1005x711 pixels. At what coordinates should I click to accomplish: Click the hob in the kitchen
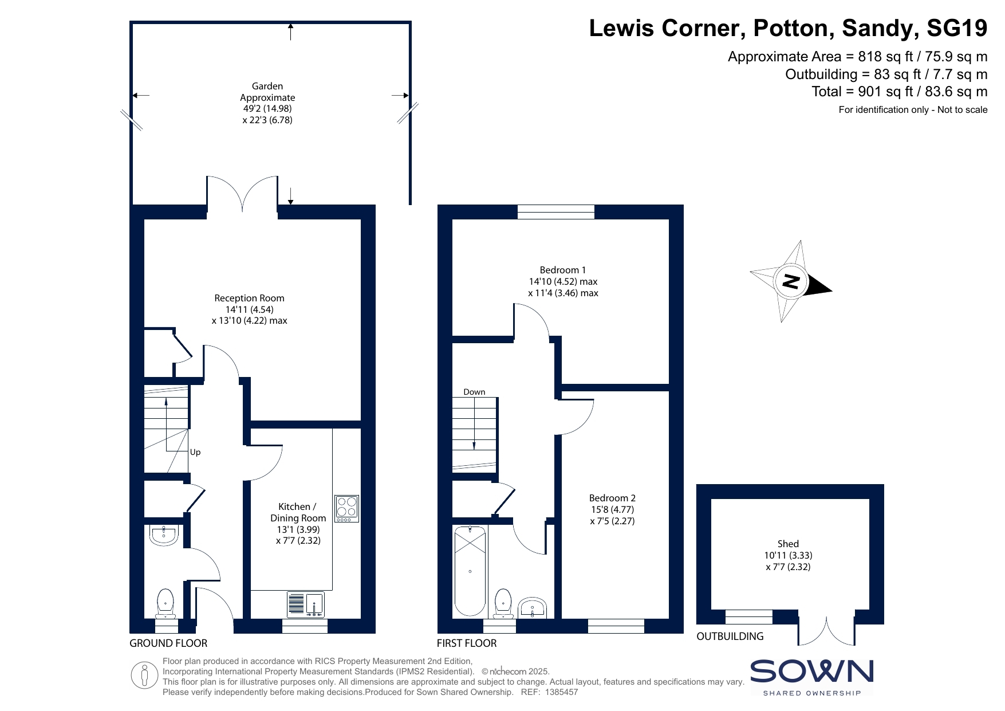click(346, 508)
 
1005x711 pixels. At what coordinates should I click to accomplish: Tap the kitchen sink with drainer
click(305, 604)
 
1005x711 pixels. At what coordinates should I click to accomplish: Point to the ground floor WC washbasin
click(164, 535)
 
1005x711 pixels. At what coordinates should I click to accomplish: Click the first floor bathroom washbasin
click(533, 608)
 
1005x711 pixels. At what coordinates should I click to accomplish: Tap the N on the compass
click(791, 281)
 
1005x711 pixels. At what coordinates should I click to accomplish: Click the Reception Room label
click(249, 298)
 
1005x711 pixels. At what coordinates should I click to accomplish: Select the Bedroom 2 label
click(612, 498)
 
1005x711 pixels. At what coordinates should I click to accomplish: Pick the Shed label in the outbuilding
click(788, 544)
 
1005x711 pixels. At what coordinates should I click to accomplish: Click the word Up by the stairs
click(195, 452)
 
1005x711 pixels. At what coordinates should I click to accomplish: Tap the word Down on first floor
click(474, 392)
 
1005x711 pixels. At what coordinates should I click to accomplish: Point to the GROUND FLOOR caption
click(168, 643)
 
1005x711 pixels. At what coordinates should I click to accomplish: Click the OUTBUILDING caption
click(730, 636)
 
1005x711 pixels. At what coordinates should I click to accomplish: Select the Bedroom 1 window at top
click(556, 212)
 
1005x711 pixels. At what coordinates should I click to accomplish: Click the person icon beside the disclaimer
click(144, 675)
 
